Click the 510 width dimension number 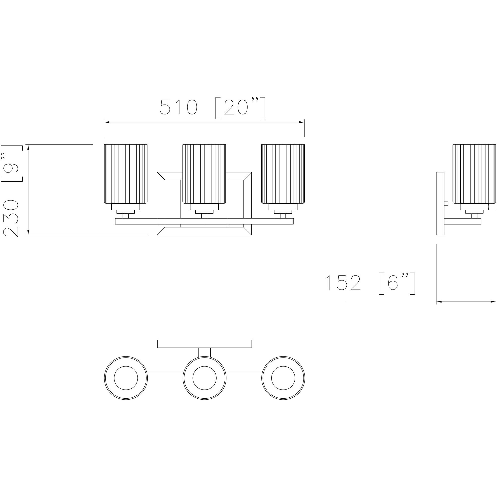179,107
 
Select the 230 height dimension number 11,219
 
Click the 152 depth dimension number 343,283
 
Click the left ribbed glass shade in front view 126,174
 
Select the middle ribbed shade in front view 204,174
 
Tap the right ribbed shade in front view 283,174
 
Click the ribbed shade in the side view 474,174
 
